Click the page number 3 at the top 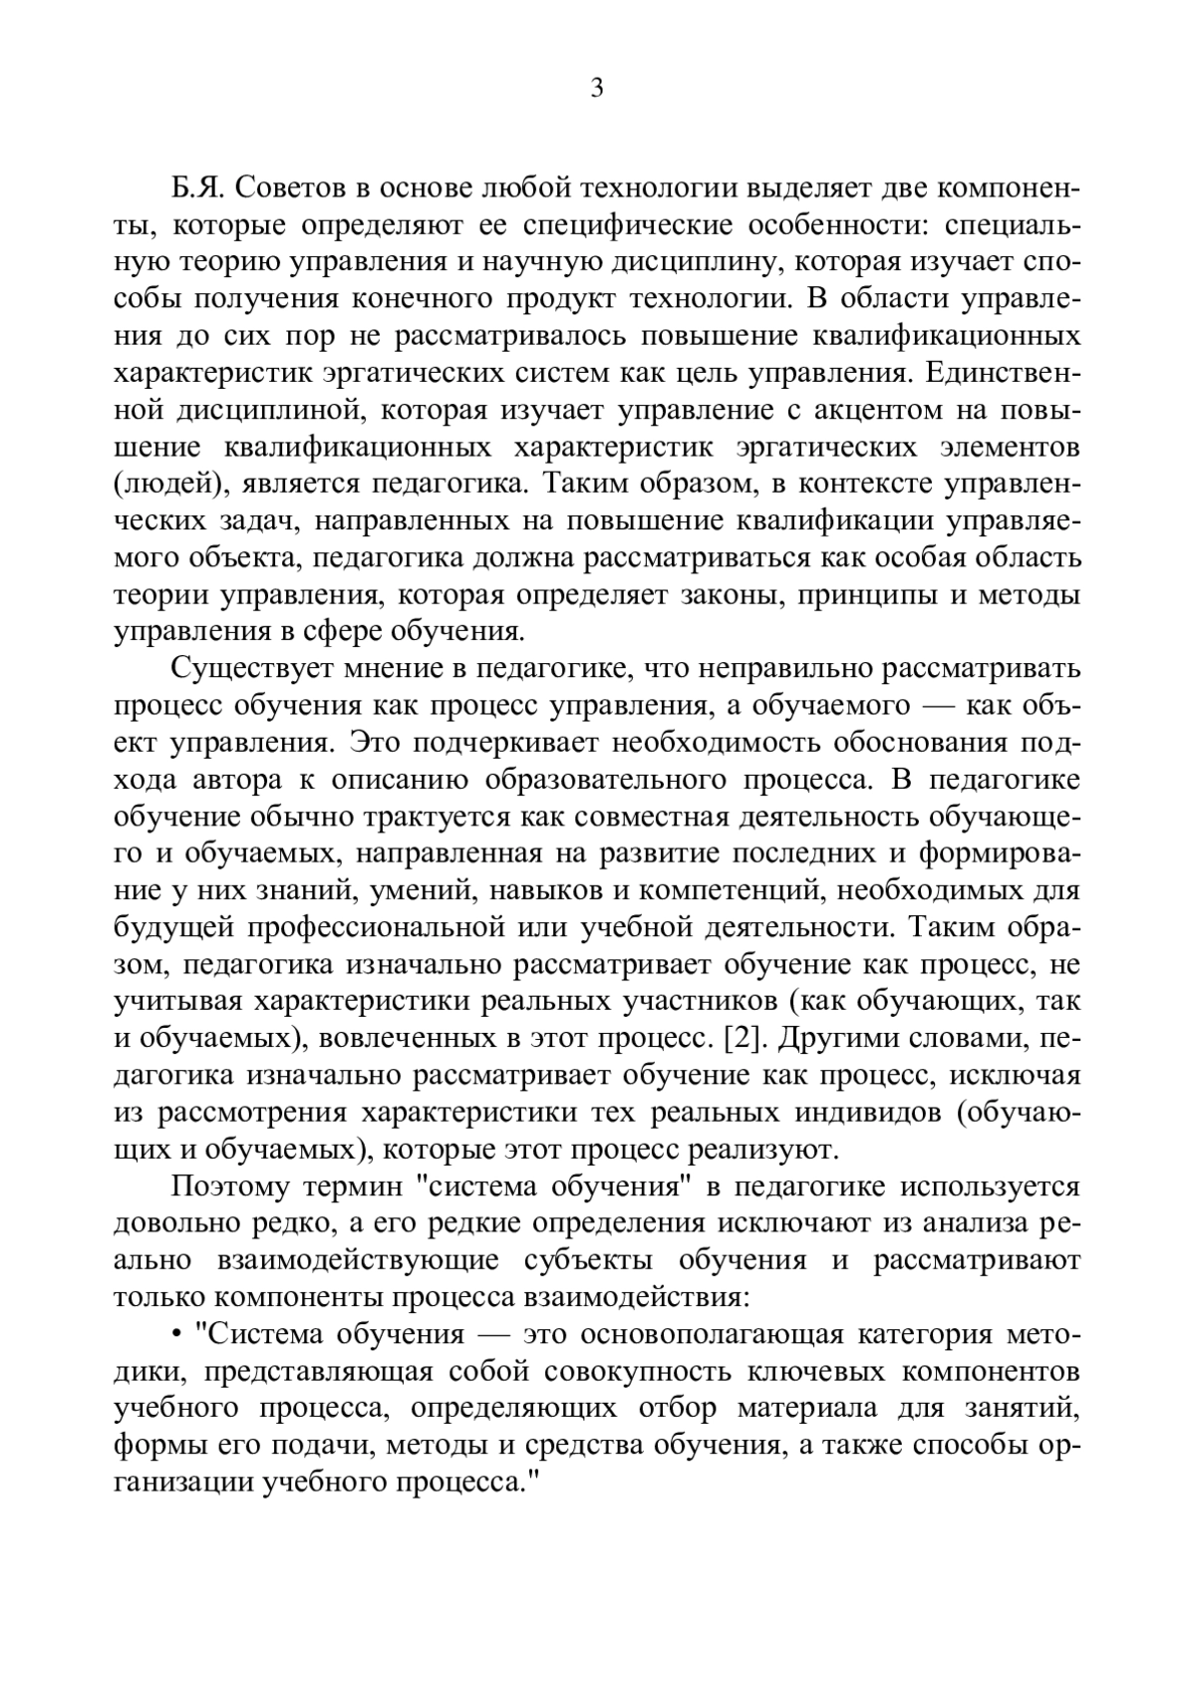tap(597, 89)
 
